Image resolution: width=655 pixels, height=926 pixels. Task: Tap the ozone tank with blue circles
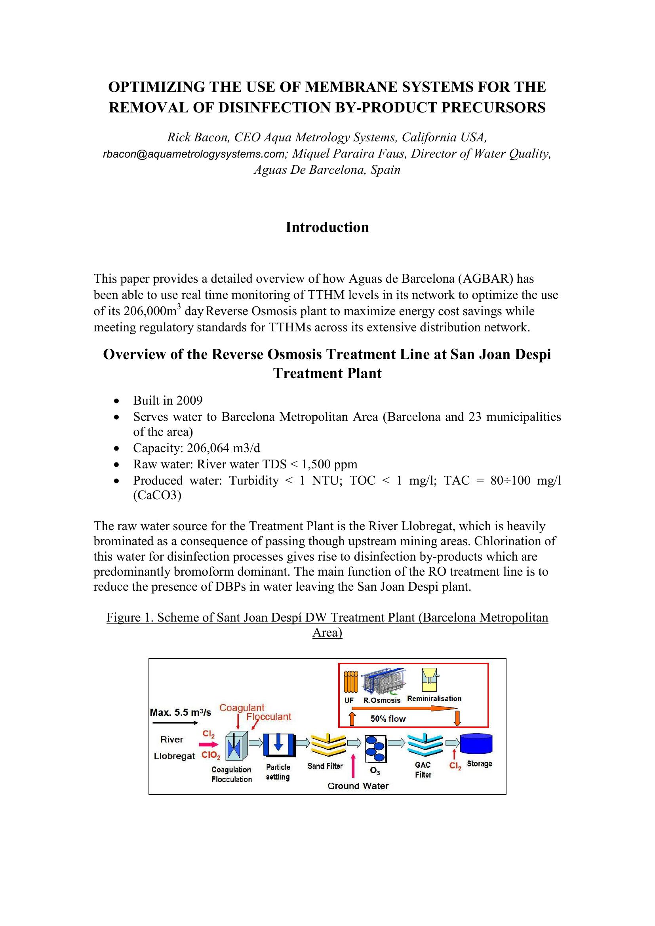coord(375,749)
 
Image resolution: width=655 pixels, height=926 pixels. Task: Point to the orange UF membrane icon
coord(350,682)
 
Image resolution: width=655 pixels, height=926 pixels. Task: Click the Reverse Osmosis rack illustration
coord(384,681)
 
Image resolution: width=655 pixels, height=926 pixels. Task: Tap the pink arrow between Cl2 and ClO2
coord(209,745)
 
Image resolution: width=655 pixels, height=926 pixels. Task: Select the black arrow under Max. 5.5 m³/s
coord(175,723)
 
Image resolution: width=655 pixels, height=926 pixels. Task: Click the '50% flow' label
coord(388,719)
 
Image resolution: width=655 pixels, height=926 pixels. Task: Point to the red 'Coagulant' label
coord(242,707)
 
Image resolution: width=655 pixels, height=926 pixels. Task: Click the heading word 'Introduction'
coord(327,227)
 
